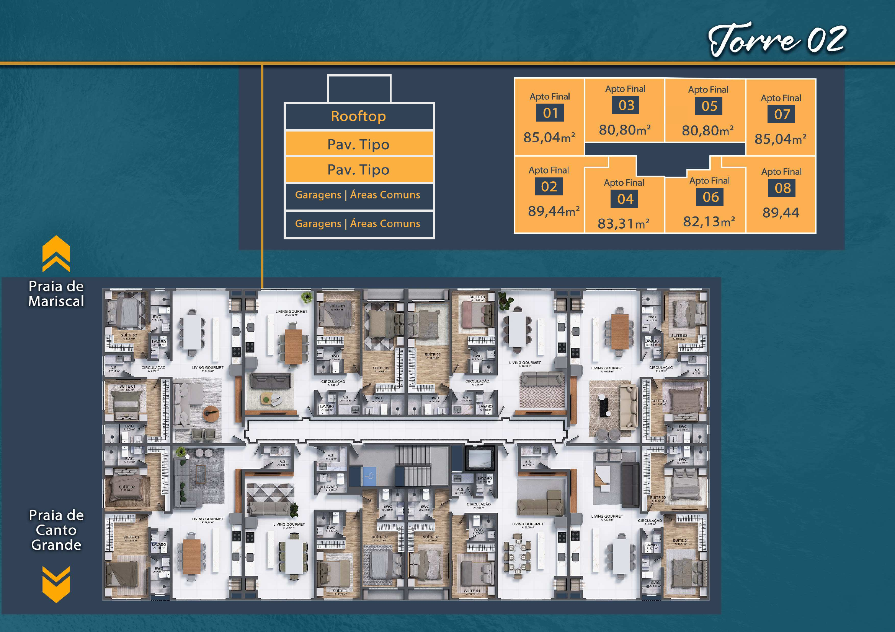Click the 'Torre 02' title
pos(776,40)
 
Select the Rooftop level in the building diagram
pos(359,116)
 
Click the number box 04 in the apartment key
pos(625,199)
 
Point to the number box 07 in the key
pos(782,114)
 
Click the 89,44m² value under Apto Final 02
pos(553,211)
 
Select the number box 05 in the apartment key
pos(709,106)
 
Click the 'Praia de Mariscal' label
pos(56,294)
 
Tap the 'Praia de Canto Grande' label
pos(56,530)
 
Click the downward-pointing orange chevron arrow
pos(56,584)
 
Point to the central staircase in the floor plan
pos(412,466)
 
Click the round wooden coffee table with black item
pos(211,414)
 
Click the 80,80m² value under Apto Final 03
pos(624,130)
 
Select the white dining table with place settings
pos(517,557)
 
